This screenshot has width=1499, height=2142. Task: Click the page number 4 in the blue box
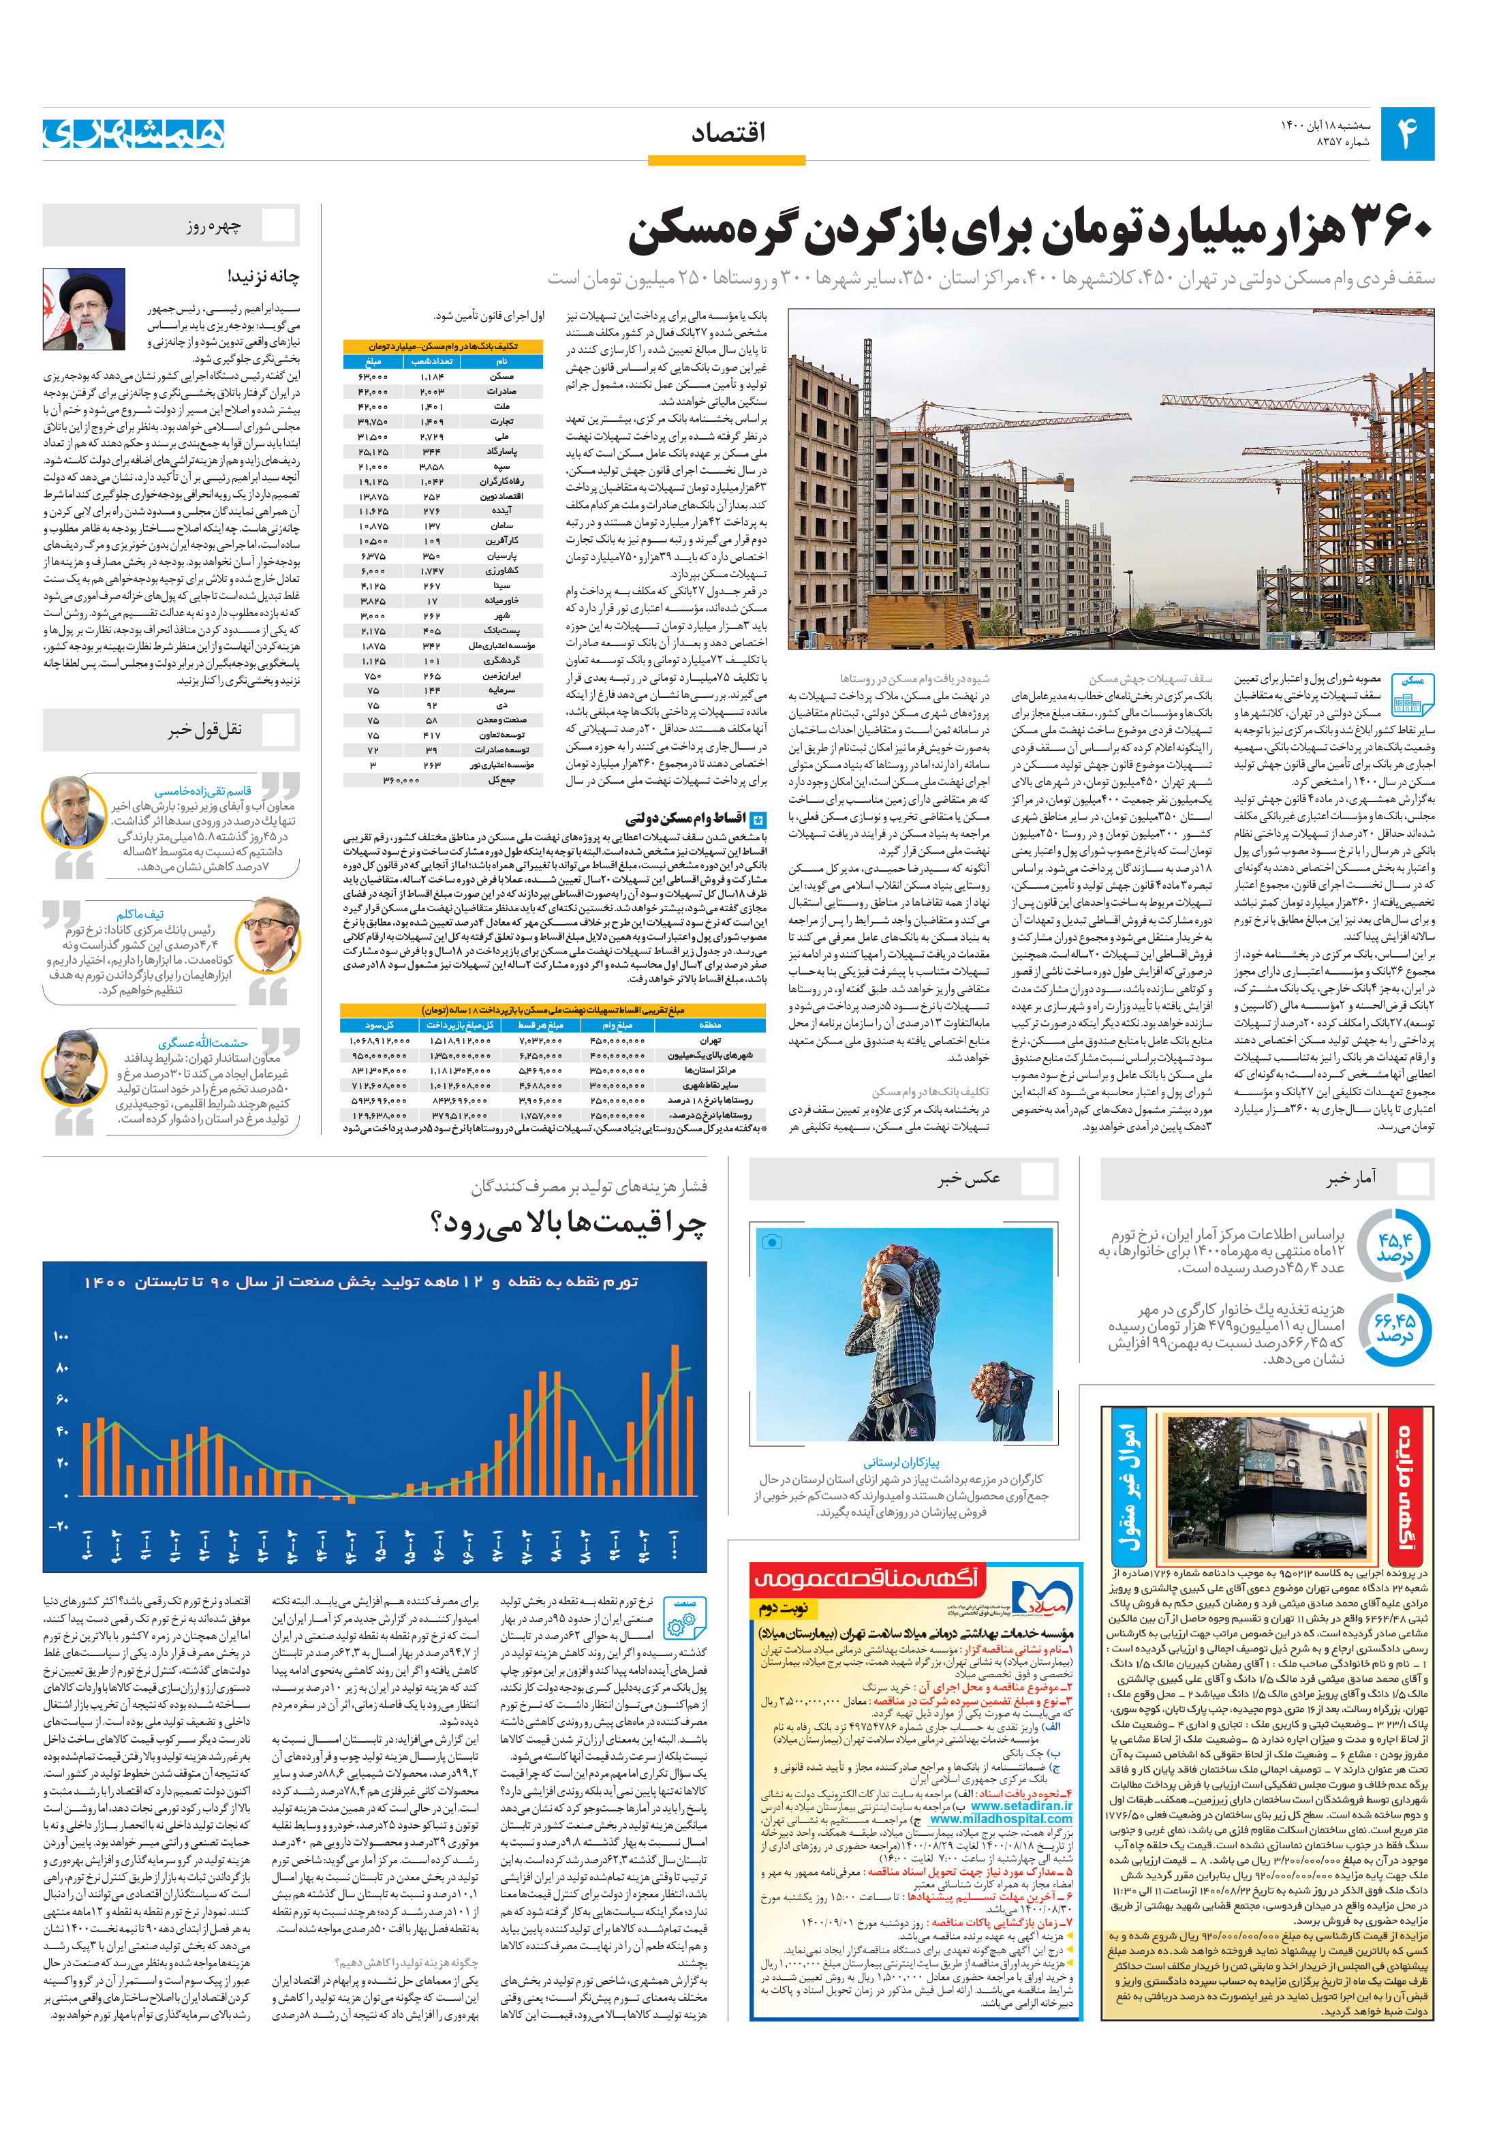(x=1406, y=134)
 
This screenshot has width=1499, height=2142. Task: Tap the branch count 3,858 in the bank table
(x=431, y=466)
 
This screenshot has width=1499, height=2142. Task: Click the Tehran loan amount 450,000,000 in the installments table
(x=617, y=1040)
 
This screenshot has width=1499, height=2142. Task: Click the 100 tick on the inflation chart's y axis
(x=61, y=1336)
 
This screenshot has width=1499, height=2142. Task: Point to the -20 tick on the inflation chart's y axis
(x=59, y=1527)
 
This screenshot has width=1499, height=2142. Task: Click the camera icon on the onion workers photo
(x=773, y=1242)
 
